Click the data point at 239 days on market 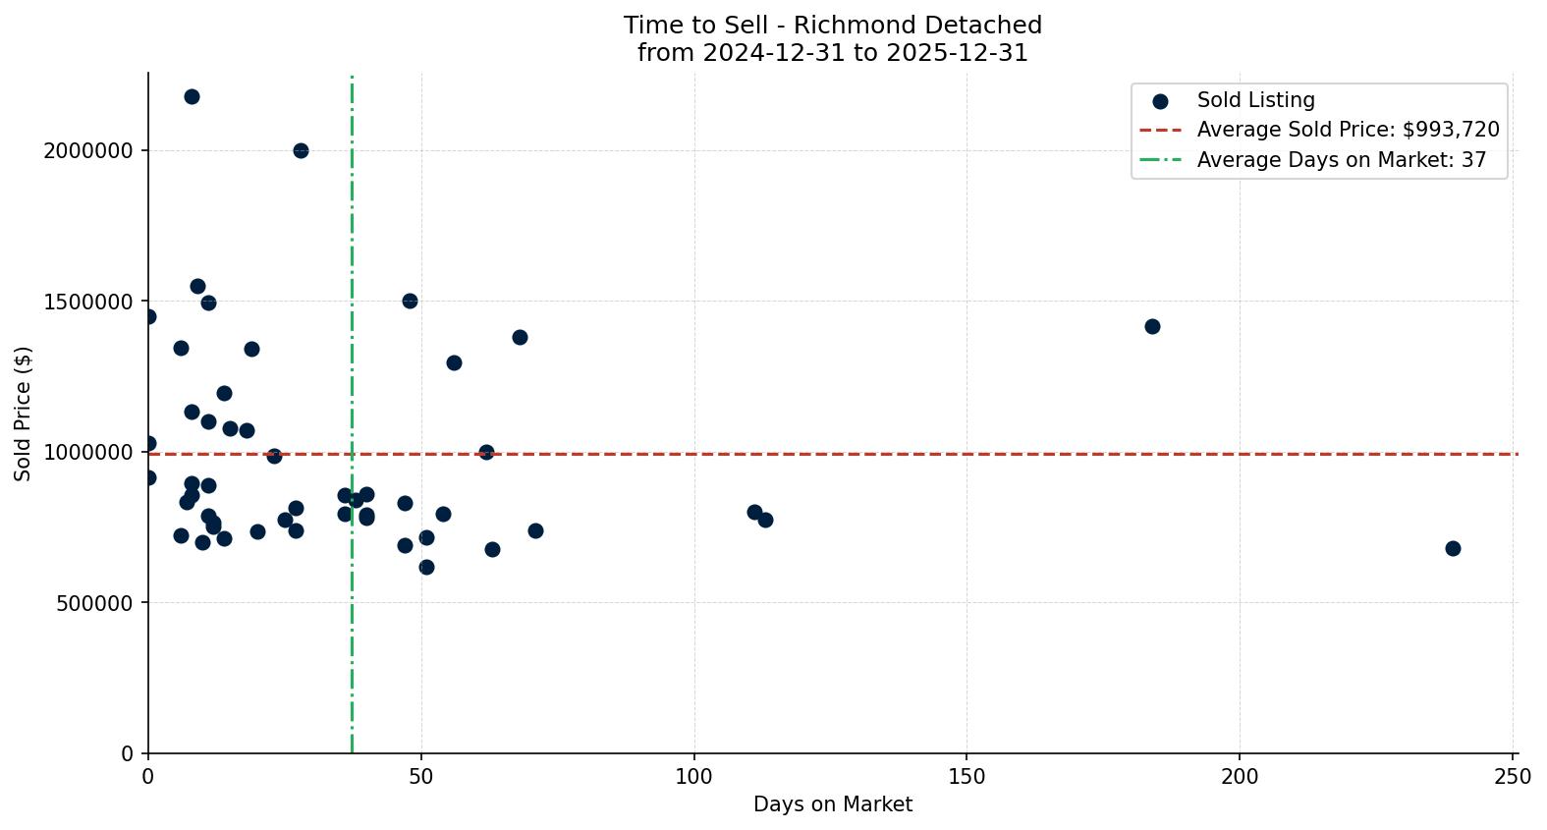click(x=1453, y=548)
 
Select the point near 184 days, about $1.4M click(x=1152, y=326)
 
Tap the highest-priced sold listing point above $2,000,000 click(x=192, y=96)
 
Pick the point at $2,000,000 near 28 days click(x=301, y=150)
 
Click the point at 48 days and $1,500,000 click(x=410, y=301)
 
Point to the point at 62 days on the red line click(x=486, y=452)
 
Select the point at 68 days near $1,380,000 click(x=520, y=337)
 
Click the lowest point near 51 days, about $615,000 click(x=426, y=567)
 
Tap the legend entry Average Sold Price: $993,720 click(x=1348, y=130)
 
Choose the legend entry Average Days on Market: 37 click(x=1341, y=160)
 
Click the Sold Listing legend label click(x=1255, y=100)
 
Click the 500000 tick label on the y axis click(x=94, y=602)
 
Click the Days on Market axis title click(x=832, y=804)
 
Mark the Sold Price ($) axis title click(x=24, y=413)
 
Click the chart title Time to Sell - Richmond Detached click(x=832, y=26)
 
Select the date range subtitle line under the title click(x=832, y=53)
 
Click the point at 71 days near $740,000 click(x=535, y=530)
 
